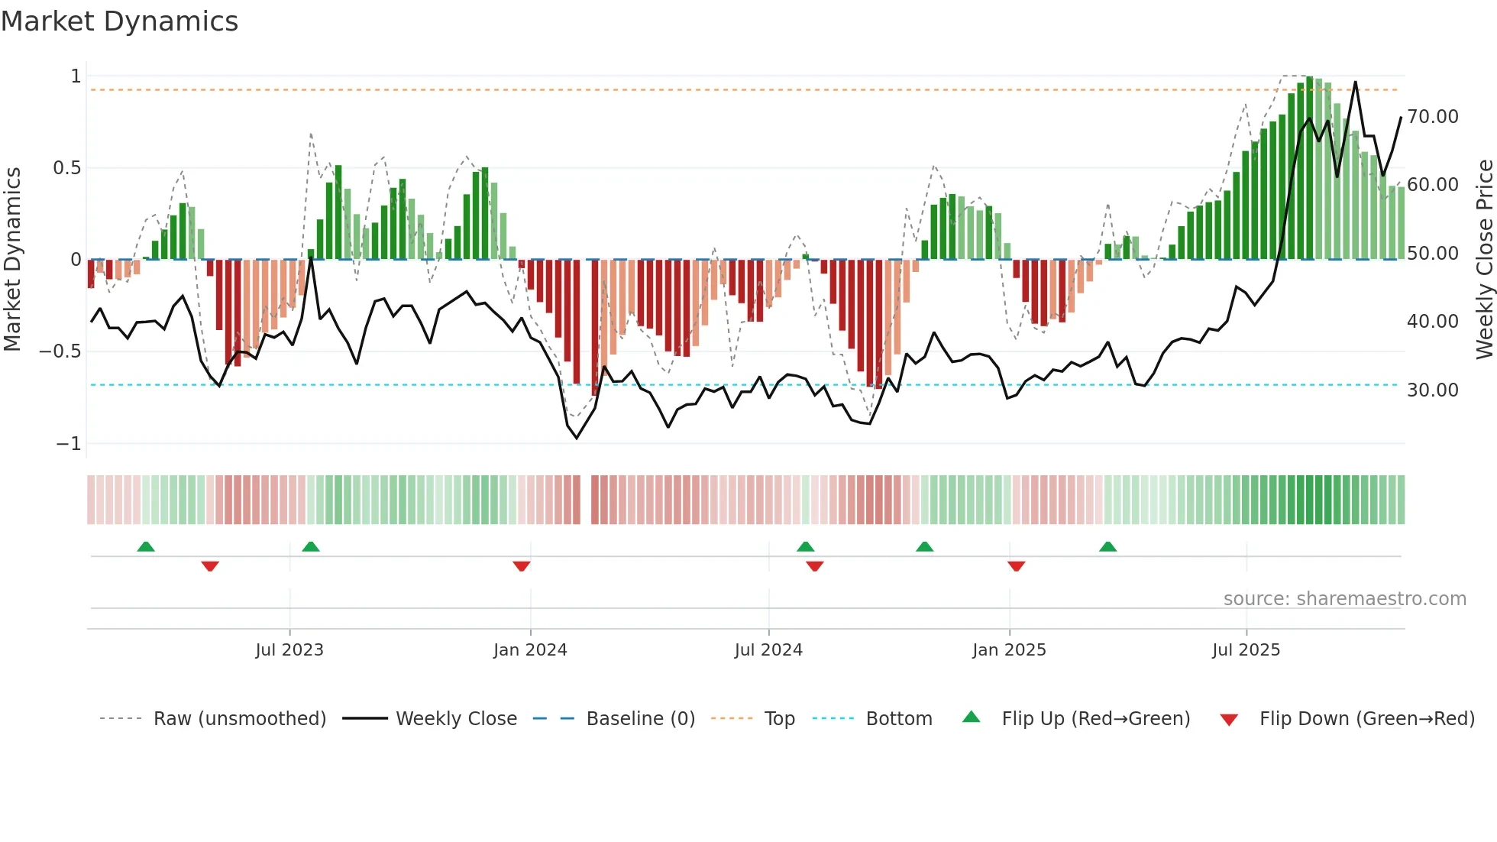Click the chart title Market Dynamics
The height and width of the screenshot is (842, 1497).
(119, 21)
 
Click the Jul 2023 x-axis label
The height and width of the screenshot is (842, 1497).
(289, 650)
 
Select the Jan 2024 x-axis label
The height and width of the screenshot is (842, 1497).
(530, 650)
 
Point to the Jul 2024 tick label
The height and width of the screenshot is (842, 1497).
(768, 650)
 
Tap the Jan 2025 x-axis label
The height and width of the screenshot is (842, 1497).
(1009, 650)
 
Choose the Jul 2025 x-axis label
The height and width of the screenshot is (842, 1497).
(1246, 650)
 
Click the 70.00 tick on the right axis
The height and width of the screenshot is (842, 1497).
(1432, 117)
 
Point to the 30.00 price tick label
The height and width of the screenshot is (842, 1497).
(1432, 390)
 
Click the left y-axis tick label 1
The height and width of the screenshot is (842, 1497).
(76, 76)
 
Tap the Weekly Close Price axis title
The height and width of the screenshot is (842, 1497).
(1484, 260)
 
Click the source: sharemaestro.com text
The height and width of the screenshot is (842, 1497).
(1344, 599)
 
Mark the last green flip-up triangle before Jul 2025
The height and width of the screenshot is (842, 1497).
(1107, 547)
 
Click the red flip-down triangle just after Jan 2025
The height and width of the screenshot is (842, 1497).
(1016, 566)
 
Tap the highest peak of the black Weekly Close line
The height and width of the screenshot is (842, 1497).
(1355, 83)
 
